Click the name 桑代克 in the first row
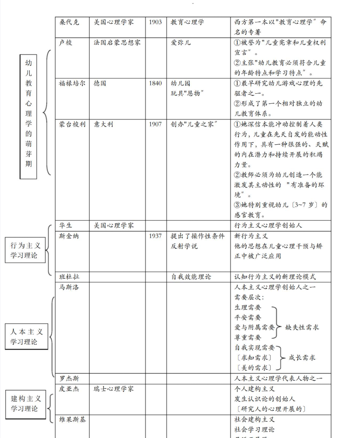pyautogui.click(x=69, y=22)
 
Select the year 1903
pyautogui.click(x=155, y=22)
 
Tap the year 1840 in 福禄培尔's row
pyautogui.click(x=155, y=83)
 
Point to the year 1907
pyautogui.click(x=155, y=124)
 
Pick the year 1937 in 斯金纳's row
pyautogui.click(x=155, y=236)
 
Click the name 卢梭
pyautogui.click(x=66, y=43)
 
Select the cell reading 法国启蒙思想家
pyautogui.click(x=117, y=43)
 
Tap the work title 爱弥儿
pyautogui.click(x=181, y=43)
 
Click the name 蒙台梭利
pyautogui.click(x=73, y=124)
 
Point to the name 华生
pyautogui.click(x=66, y=225)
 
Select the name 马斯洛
pyautogui.click(x=69, y=287)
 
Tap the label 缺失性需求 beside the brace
pyautogui.click(x=302, y=328)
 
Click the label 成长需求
pyautogui.click(x=302, y=358)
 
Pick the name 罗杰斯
pyautogui.click(x=69, y=379)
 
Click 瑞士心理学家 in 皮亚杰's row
pyautogui.click(x=114, y=389)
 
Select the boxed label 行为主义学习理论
pyautogui.click(x=26, y=251)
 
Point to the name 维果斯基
pyautogui.click(x=73, y=419)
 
